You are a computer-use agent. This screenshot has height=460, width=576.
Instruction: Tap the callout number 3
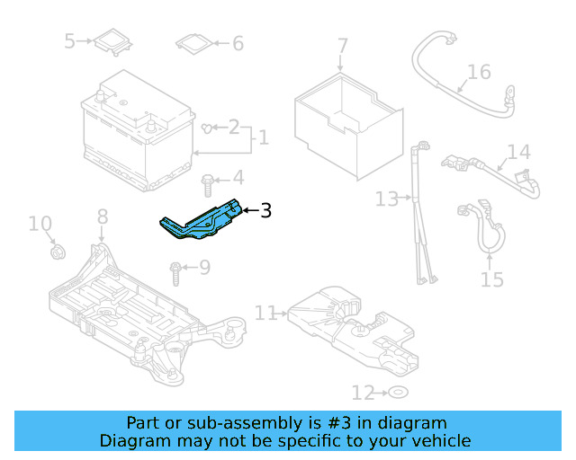[265, 212]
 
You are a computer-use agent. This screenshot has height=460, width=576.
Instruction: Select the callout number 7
[342, 45]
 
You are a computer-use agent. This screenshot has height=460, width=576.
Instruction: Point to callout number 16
[479, 72]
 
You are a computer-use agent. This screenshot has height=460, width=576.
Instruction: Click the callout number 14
[519, 152]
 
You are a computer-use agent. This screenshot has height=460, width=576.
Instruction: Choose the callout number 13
[387, 199]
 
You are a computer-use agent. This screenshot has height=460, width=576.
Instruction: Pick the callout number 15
[492, 279]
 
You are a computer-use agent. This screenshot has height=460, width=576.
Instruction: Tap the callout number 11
[265, 313]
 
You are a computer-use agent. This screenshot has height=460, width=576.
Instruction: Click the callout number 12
[362, 393]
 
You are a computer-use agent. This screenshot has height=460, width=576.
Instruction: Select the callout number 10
[40, 223]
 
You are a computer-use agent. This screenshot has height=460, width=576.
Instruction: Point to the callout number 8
[102, 216]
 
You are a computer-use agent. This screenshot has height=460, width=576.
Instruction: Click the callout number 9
[204, 267]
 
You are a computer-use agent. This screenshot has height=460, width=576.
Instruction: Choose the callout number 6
[238, 43]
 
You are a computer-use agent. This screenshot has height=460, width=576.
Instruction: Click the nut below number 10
[57, 252]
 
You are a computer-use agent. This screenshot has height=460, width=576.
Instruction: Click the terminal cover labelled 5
[112, 41]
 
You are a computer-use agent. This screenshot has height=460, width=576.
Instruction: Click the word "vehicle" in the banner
[439, 440]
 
